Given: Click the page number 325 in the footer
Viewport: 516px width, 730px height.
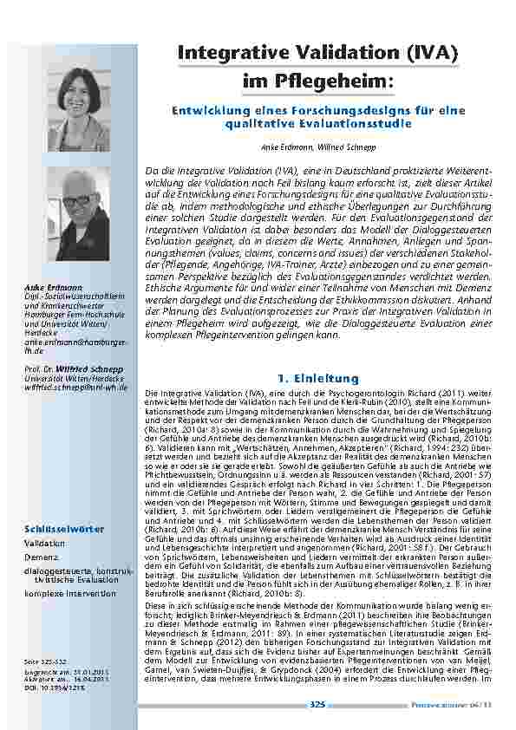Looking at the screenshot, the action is (317, 704).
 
